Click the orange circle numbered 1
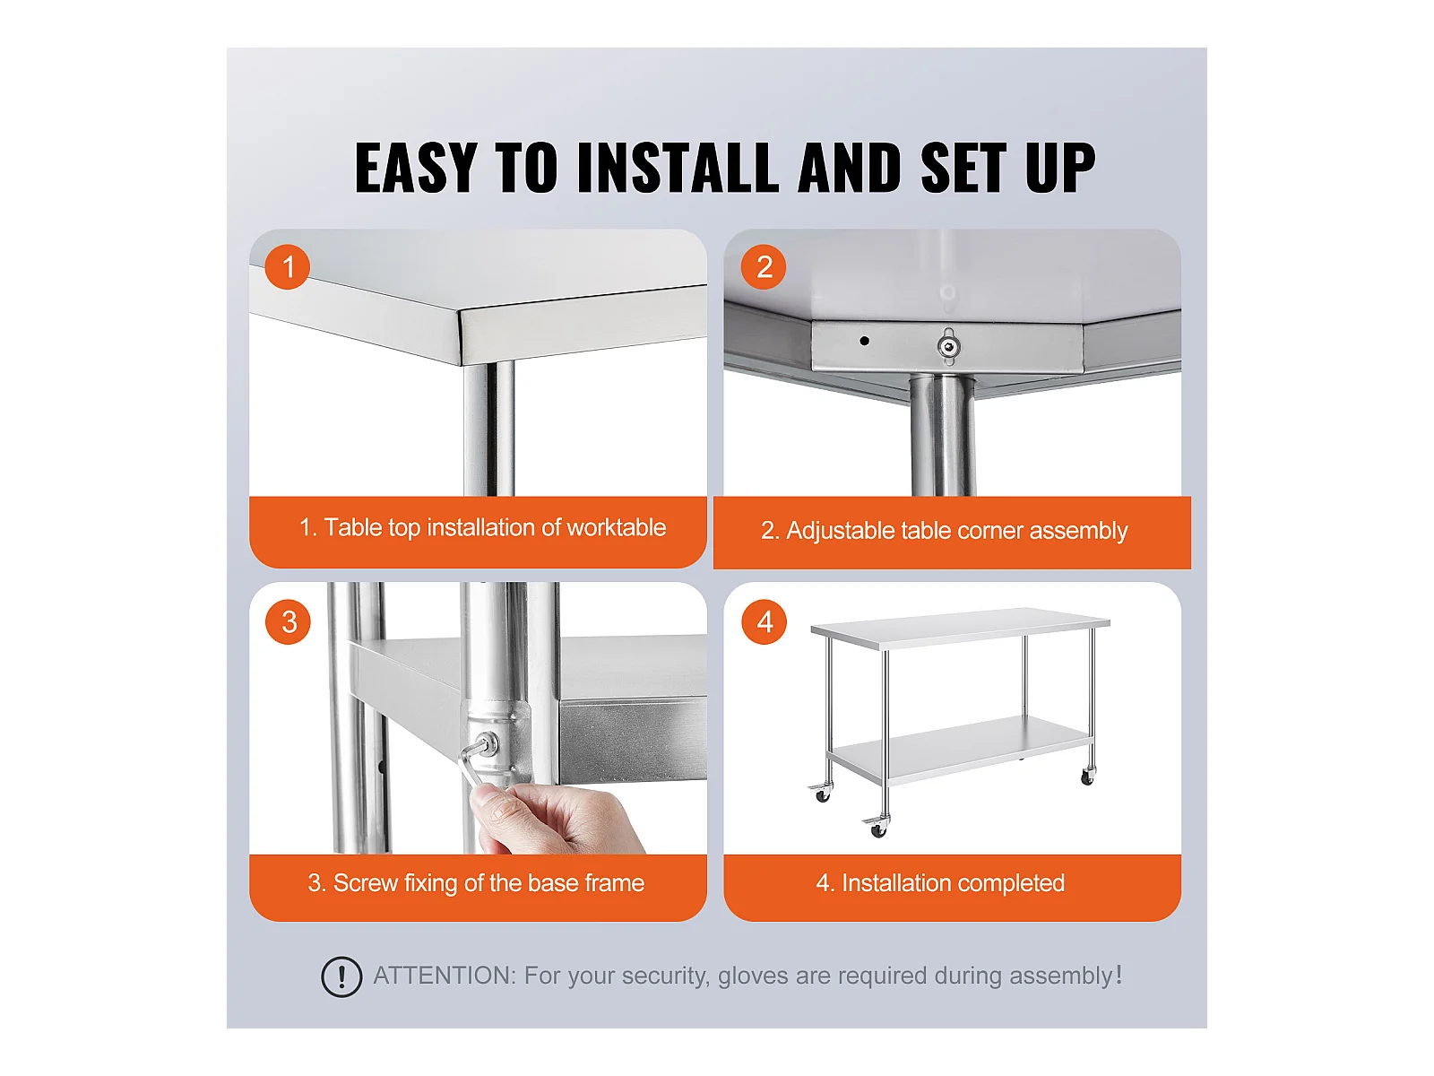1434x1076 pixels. click(x=288, y=266)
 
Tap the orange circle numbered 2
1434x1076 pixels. click(x=763, y=266)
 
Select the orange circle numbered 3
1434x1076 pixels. click(x=288, y=622)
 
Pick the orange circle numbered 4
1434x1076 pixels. click(x=764, y=622)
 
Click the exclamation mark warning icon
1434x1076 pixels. click(x=341, y=976)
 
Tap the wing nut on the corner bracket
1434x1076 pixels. click(x=948, y=345)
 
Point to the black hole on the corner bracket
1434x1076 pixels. click(x=864, y=341)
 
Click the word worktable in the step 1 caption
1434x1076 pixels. click(x=616, y=527)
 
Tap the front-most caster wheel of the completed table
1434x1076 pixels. click(x=877, y=827)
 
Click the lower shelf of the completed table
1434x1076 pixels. click(x=963, y=748)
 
